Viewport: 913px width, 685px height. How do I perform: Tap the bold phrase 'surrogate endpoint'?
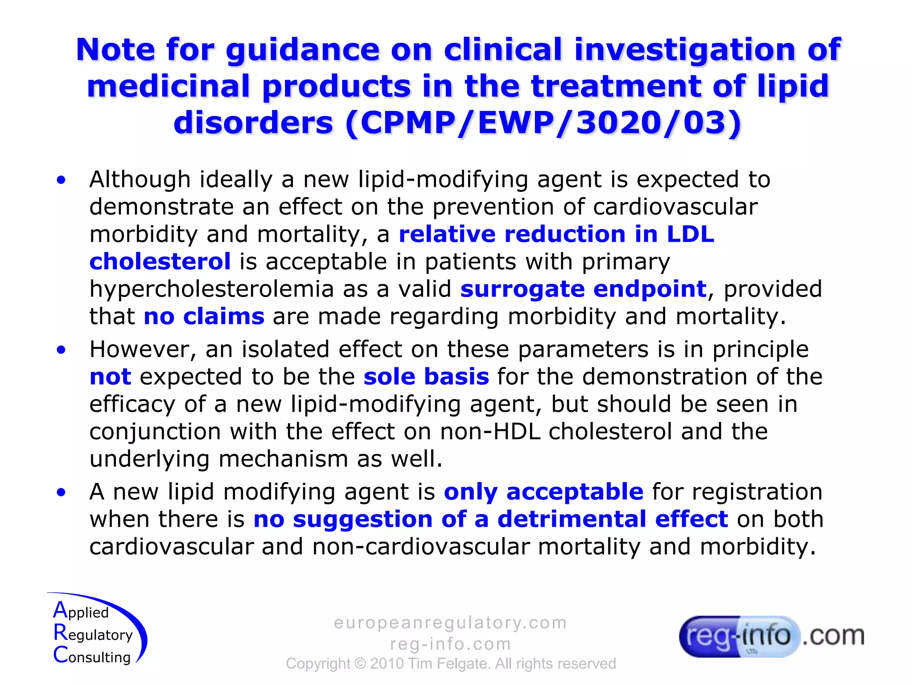(x=583, y=289)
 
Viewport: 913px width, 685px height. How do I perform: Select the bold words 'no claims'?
(x=204, y=317)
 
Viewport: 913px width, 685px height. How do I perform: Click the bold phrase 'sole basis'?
(x=426, y=377)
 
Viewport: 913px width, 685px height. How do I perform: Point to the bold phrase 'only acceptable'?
(x=543, y=492)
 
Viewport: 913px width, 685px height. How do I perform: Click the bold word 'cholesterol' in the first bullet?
(x=160, y=262)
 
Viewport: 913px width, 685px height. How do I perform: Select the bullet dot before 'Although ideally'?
(x=61, y=180)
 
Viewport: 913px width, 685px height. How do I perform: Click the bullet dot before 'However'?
(x=61, y=350)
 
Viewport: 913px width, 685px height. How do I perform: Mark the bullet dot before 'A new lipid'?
(x=61, y=493)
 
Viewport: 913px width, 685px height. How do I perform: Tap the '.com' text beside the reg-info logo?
(x=833, y=635)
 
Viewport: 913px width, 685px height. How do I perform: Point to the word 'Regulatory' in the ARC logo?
(x=93, y=634)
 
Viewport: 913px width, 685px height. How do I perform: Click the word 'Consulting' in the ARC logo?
(x=92, y=656)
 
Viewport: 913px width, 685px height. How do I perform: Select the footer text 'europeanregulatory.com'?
(x=450, y=623)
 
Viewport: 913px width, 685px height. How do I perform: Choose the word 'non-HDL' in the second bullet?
(x=489, y=432)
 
